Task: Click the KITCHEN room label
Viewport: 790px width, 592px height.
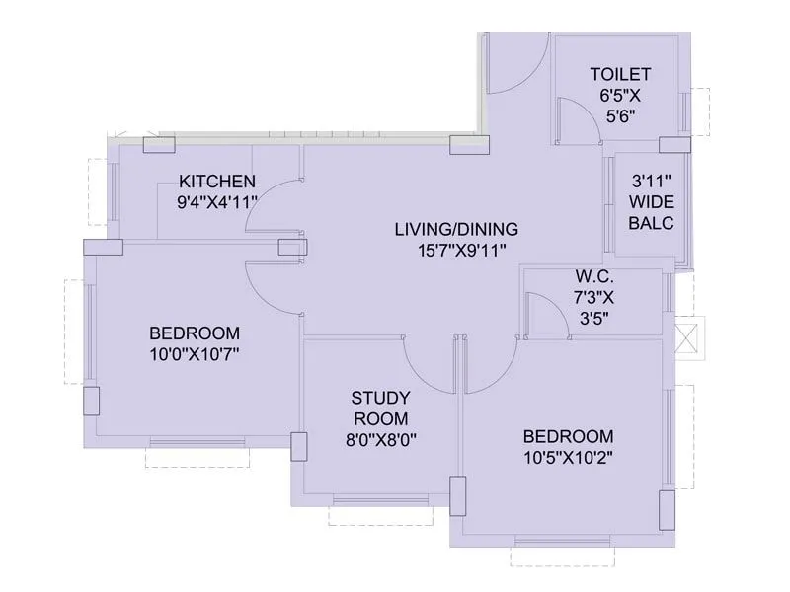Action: pos(217,181)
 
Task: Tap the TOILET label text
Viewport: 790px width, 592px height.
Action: pos(620,74)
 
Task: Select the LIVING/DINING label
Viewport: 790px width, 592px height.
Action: pos(456,229)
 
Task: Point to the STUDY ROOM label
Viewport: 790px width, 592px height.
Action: pos(381,407)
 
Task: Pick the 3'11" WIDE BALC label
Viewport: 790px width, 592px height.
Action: pos(652,202)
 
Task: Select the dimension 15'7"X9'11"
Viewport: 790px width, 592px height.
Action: pos(456,251)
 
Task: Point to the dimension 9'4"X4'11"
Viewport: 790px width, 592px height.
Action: pos(210,201)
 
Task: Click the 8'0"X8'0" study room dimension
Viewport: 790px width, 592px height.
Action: pos(381,440)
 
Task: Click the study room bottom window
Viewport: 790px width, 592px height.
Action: pos(371,499)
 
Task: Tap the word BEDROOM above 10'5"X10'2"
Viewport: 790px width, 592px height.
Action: pos(568,435)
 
